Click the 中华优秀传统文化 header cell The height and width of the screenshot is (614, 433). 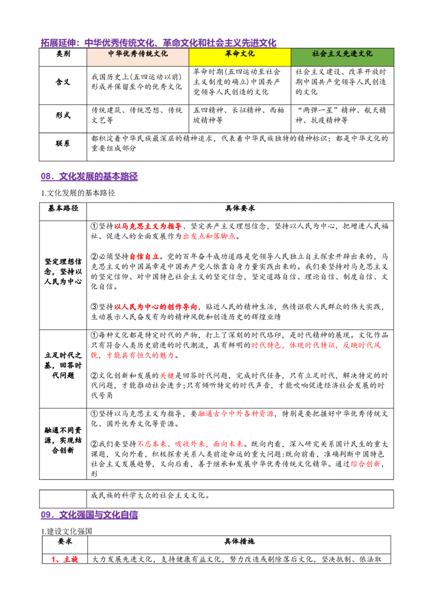137,57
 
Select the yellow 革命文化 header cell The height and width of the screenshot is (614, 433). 240,57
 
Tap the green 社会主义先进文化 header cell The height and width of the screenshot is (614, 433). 342,57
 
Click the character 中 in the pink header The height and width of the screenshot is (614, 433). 111,54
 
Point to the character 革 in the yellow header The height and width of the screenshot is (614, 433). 228,54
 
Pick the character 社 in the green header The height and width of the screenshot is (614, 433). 316,54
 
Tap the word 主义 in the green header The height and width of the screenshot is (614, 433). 333,54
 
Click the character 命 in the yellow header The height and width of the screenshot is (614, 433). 236,54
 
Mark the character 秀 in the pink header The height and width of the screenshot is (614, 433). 133,54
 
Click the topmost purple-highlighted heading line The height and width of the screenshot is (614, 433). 158,42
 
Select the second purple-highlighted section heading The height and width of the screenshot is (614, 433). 89,176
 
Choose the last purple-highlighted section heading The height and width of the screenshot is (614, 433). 89,515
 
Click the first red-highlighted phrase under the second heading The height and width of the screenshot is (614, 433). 148,226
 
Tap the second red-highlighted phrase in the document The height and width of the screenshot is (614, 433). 209,237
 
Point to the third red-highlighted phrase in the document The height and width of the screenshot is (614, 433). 145,257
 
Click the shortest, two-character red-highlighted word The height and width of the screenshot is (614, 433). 167,376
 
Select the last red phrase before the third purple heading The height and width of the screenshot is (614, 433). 365,463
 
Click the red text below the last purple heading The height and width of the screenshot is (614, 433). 65,559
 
